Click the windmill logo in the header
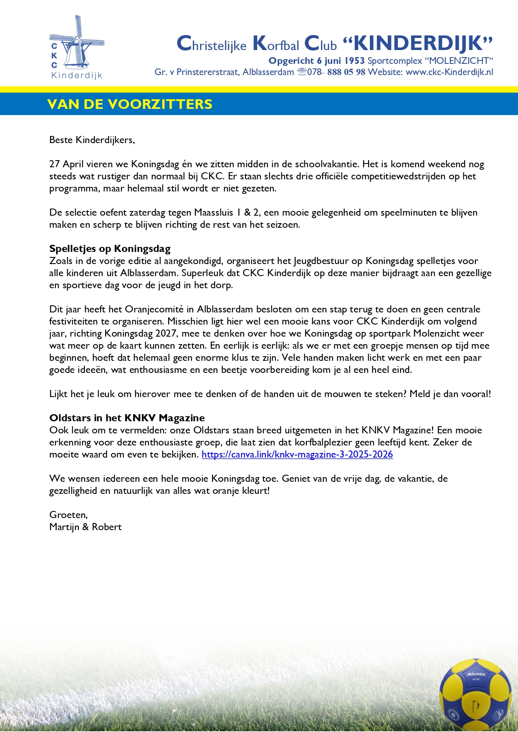coord(76,47)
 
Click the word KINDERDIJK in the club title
coord(418,43)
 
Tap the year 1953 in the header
coord(354,61)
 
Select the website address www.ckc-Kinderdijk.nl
coord(449,72)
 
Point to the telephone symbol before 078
coord(302,72)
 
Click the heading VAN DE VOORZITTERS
coord(130,104)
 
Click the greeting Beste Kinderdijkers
coord(92,140)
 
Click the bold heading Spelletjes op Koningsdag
coord(110,249)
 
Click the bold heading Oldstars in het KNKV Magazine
coord(127,418)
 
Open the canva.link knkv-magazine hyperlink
coord(297,455)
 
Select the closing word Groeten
coord(68,515)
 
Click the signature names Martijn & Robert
coord(85,527)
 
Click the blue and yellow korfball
coord(475,694)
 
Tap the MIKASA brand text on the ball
coord(476,674)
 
